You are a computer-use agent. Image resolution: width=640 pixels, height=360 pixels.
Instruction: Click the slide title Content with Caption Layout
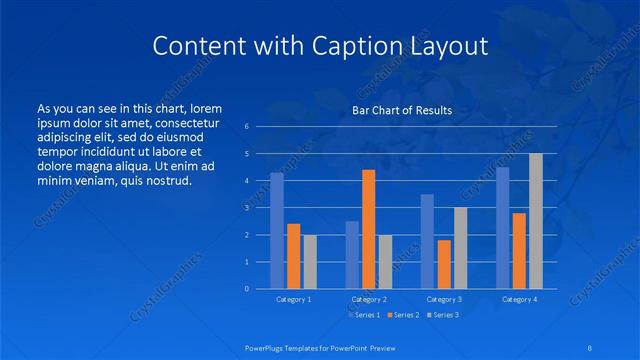[x=320, y=46]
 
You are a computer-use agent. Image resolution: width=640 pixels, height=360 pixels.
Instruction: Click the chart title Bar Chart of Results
[x=402, y=110]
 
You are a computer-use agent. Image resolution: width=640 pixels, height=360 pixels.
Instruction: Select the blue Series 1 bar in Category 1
[x=277, y=230]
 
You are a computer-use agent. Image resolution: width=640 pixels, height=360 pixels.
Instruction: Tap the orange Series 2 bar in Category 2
[x=369, y=229]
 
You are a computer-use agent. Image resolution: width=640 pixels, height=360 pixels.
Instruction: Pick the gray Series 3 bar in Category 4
[x=536, y=221]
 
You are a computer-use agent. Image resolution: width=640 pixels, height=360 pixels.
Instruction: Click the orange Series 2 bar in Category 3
[x=444, y=264]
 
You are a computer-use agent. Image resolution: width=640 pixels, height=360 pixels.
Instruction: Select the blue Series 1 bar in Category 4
[x=503, y=228]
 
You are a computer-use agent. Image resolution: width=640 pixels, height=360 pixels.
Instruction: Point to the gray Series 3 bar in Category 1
[x=310, y=261]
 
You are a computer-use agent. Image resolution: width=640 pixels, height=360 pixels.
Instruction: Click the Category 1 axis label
[x=294, y=299]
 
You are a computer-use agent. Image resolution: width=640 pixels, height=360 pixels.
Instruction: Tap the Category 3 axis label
[x=444, y=299]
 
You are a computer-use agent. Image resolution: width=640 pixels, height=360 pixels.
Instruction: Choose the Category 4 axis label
[x=519, y=299]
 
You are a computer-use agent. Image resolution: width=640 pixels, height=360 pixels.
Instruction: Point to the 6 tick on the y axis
[x=247, y=127]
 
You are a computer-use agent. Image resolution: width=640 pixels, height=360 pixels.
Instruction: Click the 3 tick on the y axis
[x=247, y=208]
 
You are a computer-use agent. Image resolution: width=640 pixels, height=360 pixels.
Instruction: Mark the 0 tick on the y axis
[x=247, y=289]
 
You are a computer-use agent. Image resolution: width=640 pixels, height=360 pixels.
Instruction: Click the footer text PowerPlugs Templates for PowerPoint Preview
[x=320, y=348]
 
